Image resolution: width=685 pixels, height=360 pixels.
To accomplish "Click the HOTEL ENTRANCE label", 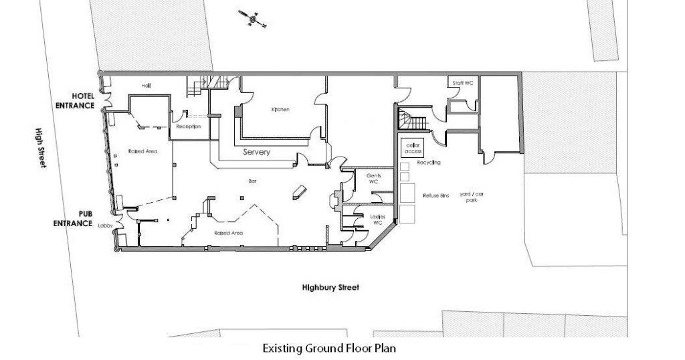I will (x=74, y=100).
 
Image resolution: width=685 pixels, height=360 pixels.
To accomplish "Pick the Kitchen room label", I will (x=280, y=110).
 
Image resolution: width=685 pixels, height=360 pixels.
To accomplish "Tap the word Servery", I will (x=257, y=152).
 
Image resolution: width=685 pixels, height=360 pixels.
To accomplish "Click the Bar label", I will (x=254, y=181).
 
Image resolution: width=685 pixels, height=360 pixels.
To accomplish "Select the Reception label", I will (x=189, y=126).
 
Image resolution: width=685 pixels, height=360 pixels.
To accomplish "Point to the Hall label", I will (x=146, y=86).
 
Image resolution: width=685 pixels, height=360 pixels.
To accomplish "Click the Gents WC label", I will (x=373, y=178).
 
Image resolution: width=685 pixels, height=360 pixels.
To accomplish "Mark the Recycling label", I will (x=428, y=163).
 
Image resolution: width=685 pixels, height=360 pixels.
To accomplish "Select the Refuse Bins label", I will (x=435, y=195).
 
